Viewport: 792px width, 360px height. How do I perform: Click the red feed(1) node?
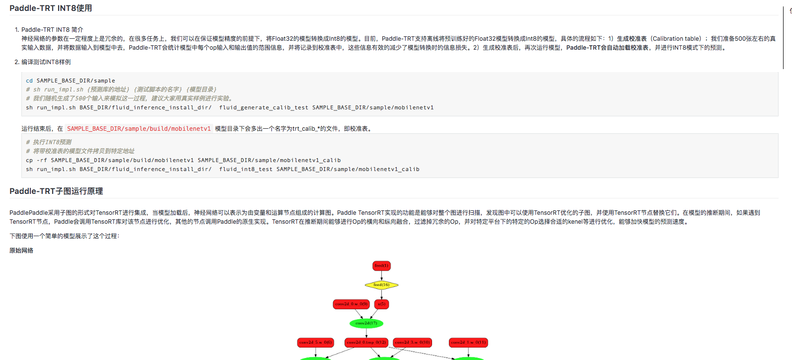(x=381, y=266)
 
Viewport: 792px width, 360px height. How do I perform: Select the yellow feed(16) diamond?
(x=381, y=285)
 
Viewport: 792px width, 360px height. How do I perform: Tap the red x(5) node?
(x=381, y=304)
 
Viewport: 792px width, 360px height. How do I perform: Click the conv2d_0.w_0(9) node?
(x=351, y=304)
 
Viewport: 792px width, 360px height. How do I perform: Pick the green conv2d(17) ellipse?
(x=366, y=324)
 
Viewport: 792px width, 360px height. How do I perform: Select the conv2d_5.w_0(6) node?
(x=316, y=343)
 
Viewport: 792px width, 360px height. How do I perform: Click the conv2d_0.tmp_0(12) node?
(x=366, y=343)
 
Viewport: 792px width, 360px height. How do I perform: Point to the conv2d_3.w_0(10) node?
(x=413, y=343)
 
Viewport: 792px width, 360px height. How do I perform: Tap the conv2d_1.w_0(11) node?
(x=468, y=343)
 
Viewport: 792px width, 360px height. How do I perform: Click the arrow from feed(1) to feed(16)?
(x=381, y=275)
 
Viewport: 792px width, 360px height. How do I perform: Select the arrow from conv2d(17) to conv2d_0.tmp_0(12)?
(x=366, y=333)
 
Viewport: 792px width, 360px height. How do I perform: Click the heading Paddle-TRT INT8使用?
(x=51, y=8)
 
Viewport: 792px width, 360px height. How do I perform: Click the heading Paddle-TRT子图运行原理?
(x=56, y=191)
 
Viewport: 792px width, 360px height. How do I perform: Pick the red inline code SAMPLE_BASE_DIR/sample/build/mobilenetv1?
(x=139, y=129)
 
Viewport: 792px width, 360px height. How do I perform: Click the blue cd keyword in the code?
(x=29, y=81)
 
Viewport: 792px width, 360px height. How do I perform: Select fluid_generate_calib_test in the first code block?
(x=264, y=107)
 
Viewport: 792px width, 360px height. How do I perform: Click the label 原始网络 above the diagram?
(x=21, y=251)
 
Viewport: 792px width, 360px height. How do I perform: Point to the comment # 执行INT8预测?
(x=49, y=142)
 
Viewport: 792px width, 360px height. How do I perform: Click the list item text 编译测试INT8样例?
(x=46, y=62)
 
